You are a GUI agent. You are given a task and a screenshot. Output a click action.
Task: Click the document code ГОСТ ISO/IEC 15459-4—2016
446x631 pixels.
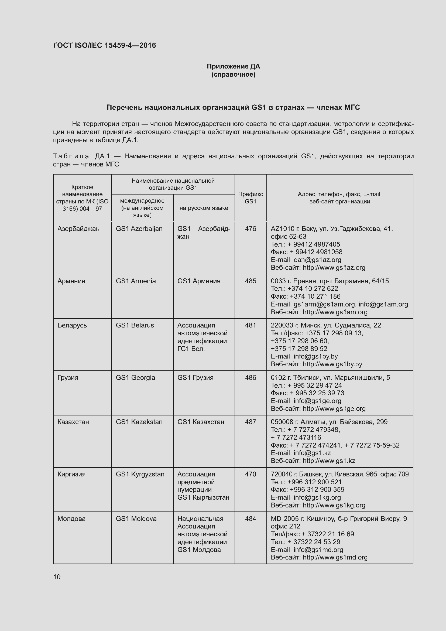[104, 45]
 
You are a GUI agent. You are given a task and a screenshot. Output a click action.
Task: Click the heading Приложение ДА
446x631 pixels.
[233, 66]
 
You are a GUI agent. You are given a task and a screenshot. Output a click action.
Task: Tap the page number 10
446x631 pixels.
[57, 577]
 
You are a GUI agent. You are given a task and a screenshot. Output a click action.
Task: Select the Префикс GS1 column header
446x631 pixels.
[251, 197]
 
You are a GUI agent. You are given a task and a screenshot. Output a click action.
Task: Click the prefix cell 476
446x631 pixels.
[251, 229]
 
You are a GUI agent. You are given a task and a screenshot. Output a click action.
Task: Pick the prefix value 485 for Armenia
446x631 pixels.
[251, 281]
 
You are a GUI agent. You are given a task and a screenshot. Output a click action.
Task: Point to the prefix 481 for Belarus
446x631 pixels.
[251, 325]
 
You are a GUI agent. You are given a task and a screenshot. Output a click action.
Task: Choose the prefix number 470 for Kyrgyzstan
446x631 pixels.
[251, 474]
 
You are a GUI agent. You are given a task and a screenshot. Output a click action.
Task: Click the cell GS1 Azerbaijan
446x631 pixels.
[139, 229]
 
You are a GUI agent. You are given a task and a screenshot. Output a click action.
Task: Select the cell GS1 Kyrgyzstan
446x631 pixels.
[140, 474]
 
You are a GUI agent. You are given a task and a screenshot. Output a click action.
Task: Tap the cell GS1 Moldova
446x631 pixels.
[136, 519]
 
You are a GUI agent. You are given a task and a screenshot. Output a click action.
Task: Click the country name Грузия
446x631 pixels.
[68, 378]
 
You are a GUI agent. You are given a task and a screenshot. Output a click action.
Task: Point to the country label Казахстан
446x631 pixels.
[73, 422]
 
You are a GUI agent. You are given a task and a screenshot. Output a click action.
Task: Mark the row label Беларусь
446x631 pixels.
[72, 325]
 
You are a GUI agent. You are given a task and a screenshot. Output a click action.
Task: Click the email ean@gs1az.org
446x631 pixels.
[317, 260]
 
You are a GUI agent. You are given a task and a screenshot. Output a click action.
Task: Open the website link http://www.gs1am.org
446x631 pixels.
[335, 312]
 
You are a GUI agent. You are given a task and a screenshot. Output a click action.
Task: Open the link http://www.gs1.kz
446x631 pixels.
[329, 461]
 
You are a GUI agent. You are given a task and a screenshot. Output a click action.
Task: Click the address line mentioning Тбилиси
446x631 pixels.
[330, 378]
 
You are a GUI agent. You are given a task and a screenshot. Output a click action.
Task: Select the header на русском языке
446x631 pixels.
[204, 208]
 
